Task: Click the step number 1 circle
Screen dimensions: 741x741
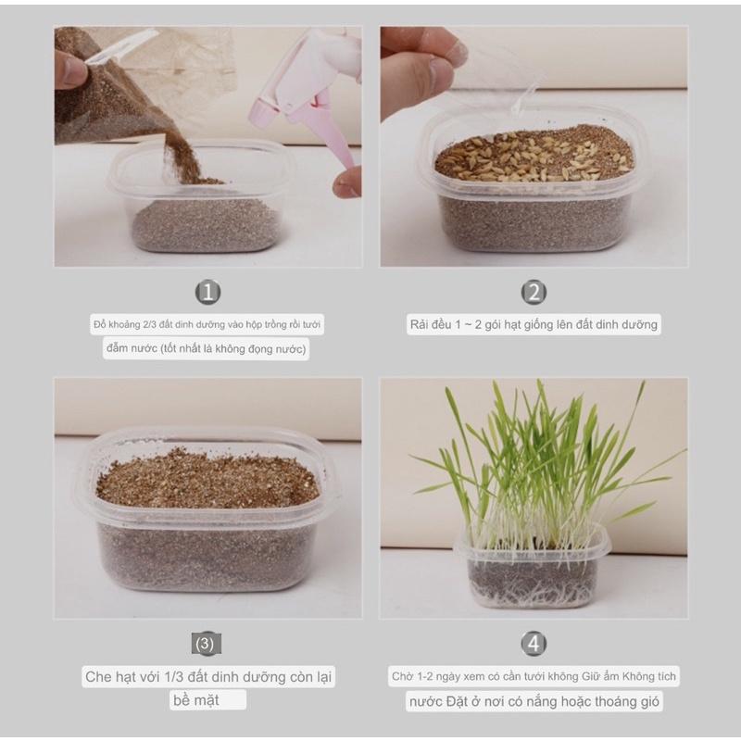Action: (207, 292)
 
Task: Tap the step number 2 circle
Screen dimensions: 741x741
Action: (534, 292)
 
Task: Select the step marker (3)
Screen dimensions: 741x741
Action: (206, 644)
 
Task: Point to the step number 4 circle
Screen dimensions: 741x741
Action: (534, 643)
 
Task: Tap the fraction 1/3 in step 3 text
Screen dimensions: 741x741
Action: (174, 677)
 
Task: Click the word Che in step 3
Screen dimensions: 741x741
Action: (98, 677)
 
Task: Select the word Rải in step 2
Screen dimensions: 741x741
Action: (419, 325)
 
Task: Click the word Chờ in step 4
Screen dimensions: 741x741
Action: (403, 676)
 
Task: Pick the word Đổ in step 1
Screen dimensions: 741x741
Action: (100, 325)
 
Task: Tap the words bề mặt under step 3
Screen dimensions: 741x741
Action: (195, 700)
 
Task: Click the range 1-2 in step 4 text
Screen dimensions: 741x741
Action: (424, 677)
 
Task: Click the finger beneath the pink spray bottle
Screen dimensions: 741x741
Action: (346, 182)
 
